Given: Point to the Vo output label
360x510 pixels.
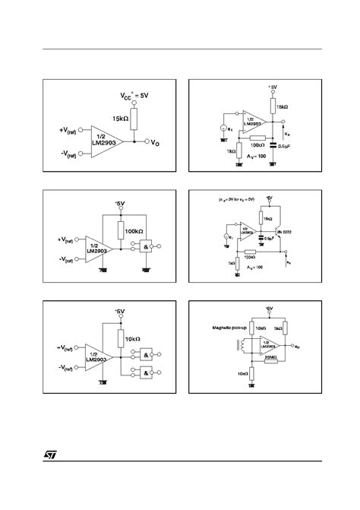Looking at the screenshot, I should click(x=155, y=142).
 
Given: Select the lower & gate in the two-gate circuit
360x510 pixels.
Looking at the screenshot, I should click(x=143, y=372).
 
